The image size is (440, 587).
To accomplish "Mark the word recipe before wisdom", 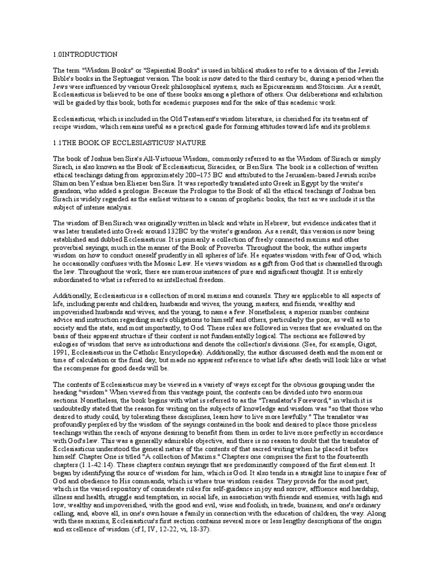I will pyautogui.click(x=64, y=127).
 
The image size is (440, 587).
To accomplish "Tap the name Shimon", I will pyautogui.click(x=65, y=186).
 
